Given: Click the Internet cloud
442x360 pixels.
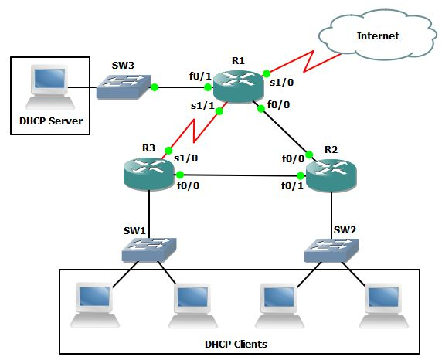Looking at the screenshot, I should pos(378,36).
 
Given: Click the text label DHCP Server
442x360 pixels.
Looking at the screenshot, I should pos(50,121).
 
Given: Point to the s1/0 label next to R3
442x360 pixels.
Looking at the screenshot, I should pos(186,158).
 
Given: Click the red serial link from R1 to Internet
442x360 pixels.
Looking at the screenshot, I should pos(305,60).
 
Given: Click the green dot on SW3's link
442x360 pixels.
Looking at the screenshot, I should pos(155,87).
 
